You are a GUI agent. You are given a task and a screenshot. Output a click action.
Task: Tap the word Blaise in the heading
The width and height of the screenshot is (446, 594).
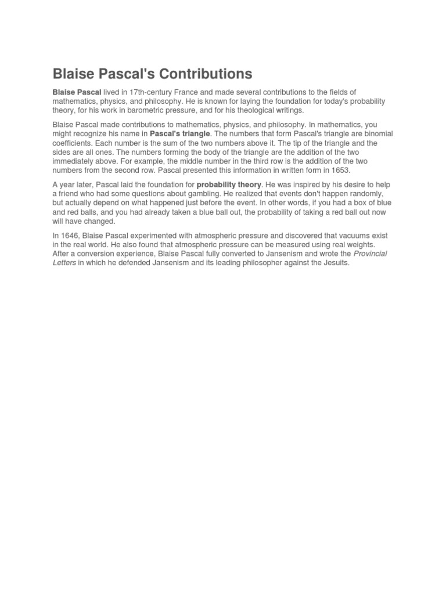(x=73, y=74)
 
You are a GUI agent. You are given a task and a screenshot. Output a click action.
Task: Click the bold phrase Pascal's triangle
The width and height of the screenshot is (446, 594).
(x=179, y=134)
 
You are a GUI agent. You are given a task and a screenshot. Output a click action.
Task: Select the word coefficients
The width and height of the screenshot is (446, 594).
(x=72, y=143)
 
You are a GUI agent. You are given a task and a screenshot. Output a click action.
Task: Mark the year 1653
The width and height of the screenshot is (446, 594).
(x=340, y=171)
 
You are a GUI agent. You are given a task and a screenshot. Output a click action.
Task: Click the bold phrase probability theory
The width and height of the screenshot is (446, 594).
(x=229, y=185)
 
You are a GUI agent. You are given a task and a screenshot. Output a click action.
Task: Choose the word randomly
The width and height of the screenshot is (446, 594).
(x=365, y=194)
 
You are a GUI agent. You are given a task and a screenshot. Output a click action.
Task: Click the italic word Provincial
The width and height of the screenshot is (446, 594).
(x=370, y=254)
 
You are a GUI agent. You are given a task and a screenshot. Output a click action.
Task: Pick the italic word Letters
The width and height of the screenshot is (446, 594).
(x=64, y=263)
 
